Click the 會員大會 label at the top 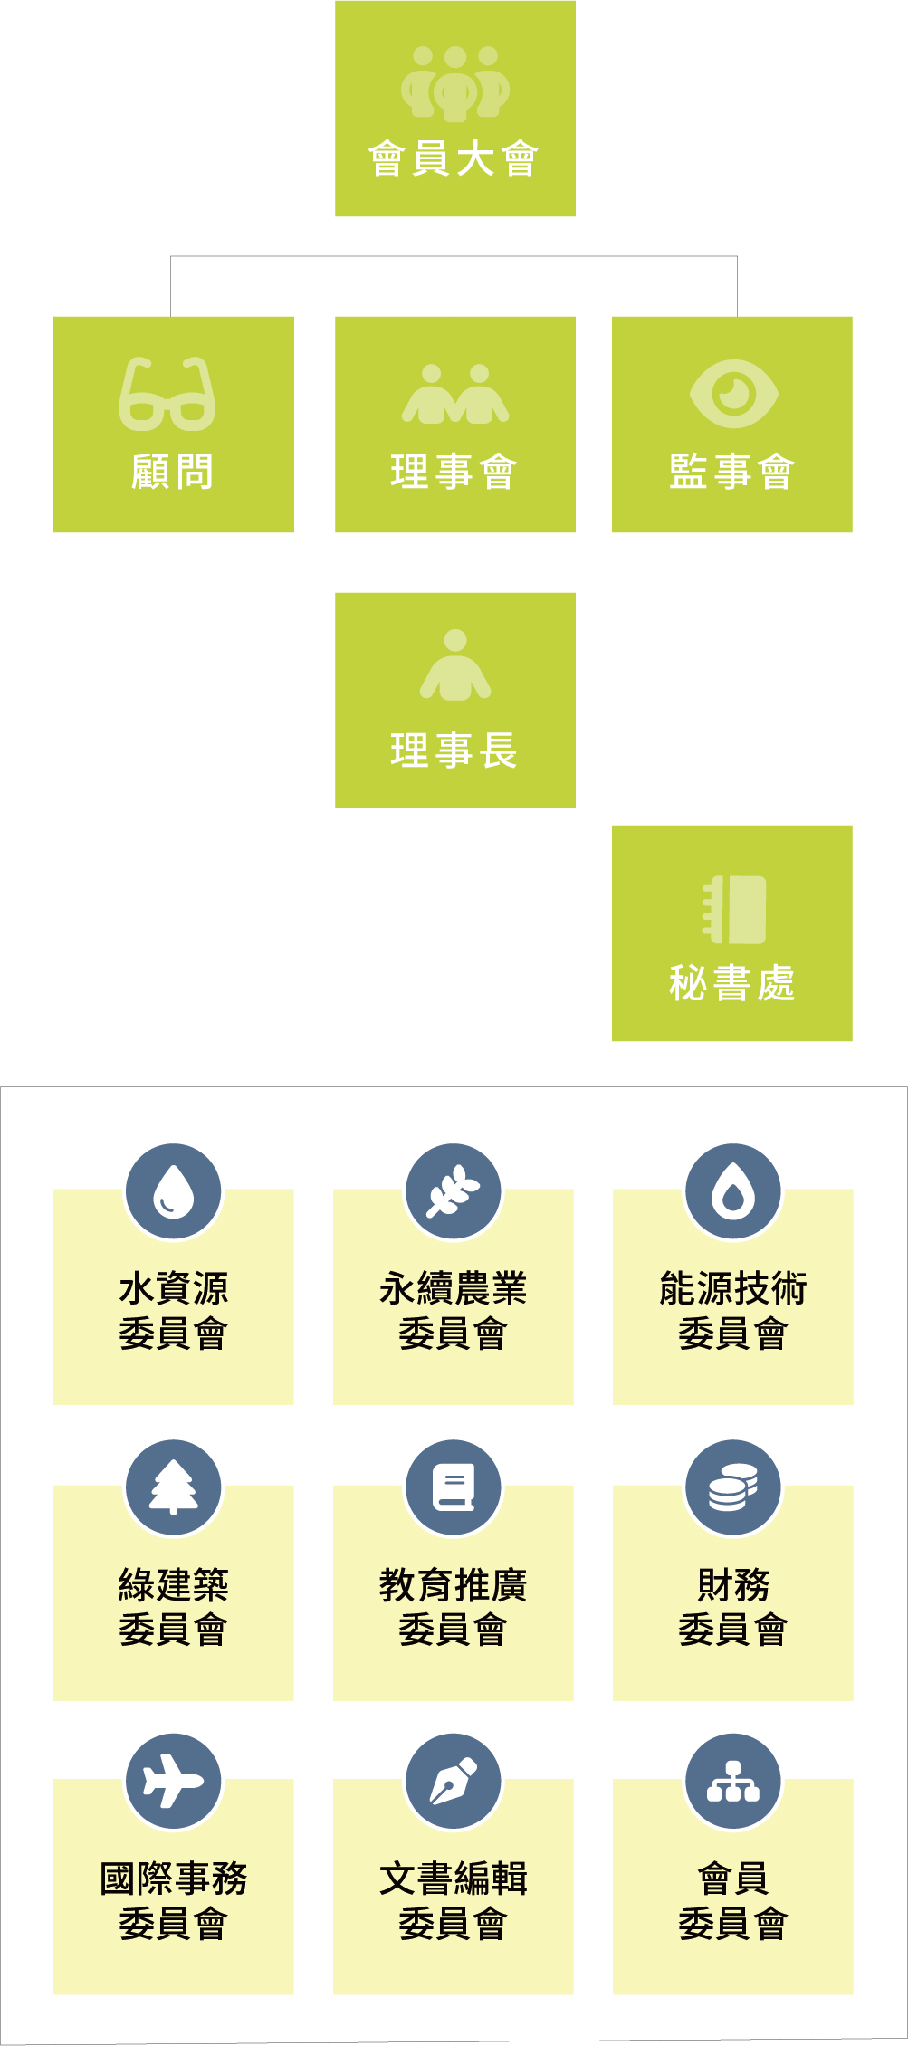(x=454, y=159)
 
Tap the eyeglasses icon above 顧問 (x=167, y=395)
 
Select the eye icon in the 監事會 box (x=733, y=394)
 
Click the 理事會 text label (x=454, y=472)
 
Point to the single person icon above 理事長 (x=455, y=665)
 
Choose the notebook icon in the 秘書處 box (x=734, y=910)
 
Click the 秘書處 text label (x=731, y=983)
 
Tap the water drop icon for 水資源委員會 (x=173, y=1191)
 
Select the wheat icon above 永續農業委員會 (x=453, y=1191)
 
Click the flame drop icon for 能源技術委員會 (x=732, y=1191)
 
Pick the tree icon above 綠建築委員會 (x=173, y=1487)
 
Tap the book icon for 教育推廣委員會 (x=453, y=1487)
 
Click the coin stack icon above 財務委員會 (x=732, y=1487)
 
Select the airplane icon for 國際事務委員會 (x=173, y=1782)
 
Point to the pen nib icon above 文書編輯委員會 (x=453, y=1782)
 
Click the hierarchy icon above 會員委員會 (x=732, y=1782)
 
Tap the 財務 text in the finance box (x=732, y=1585)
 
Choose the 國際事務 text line (x=173, y=1879)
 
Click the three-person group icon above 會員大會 (x=455, y=83)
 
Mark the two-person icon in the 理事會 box (x=455, y=394)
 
